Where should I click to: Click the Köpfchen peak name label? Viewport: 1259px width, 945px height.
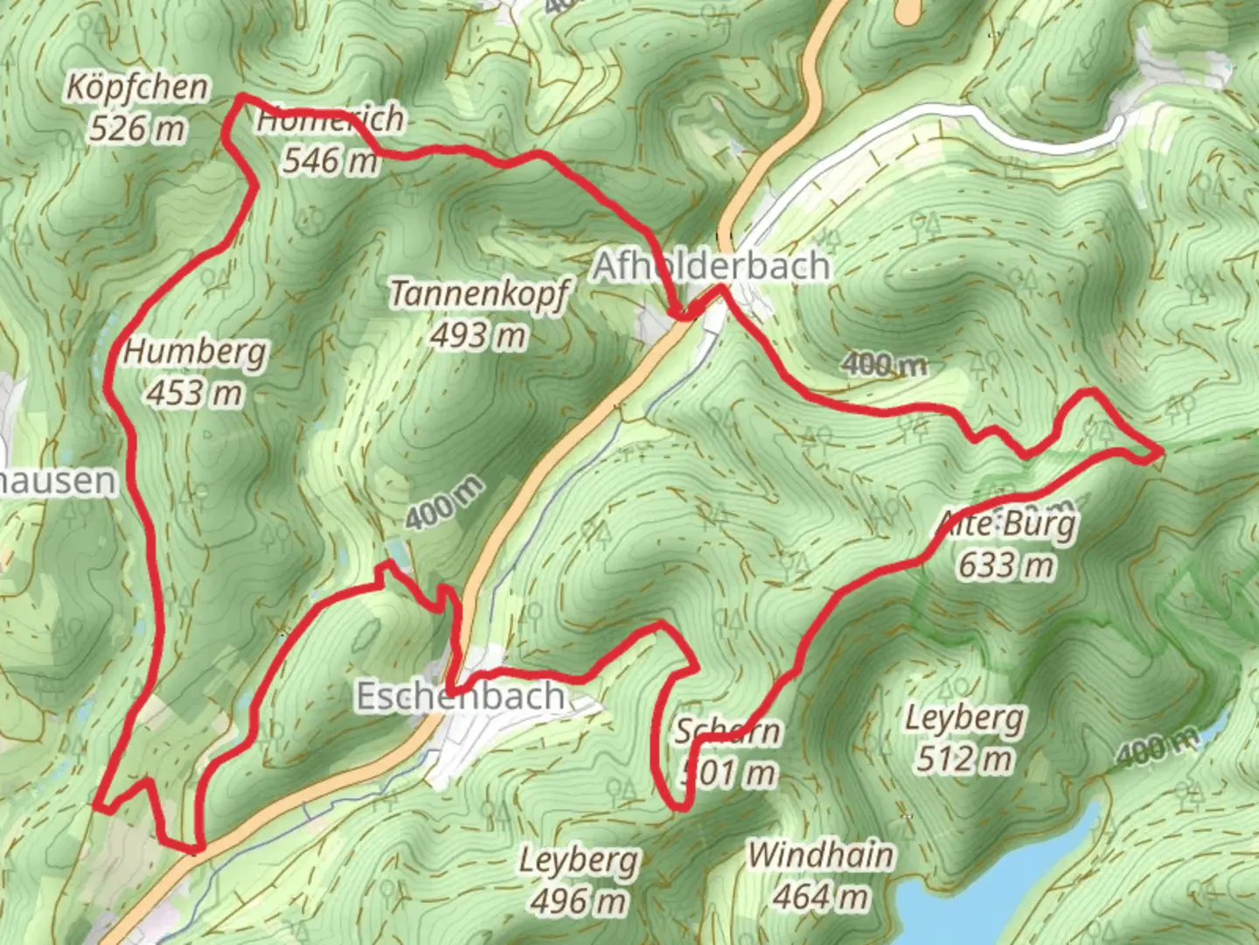138,87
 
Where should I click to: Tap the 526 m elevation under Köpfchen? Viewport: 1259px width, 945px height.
137,129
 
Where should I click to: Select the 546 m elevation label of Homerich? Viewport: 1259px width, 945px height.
330,160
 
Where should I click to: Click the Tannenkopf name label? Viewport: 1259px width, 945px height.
479,294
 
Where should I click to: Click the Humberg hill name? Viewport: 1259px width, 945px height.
195,352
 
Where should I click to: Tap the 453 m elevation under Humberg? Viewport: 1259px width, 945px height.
194,393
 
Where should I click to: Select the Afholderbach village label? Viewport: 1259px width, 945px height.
711,266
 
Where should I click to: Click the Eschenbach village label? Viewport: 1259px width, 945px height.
461,696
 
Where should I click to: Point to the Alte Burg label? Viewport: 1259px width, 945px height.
1006,525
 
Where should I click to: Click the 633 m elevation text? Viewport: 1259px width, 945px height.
1006,565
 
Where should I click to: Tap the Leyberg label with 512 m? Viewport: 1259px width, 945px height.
963,718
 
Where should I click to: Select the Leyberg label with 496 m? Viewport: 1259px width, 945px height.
579,860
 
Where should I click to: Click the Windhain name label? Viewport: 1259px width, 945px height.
821,855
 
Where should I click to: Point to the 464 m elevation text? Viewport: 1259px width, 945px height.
821,896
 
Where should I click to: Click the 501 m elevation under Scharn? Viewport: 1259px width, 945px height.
728,773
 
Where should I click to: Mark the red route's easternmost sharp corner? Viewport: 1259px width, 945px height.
1161,452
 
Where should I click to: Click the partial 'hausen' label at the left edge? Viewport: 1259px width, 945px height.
58,481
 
